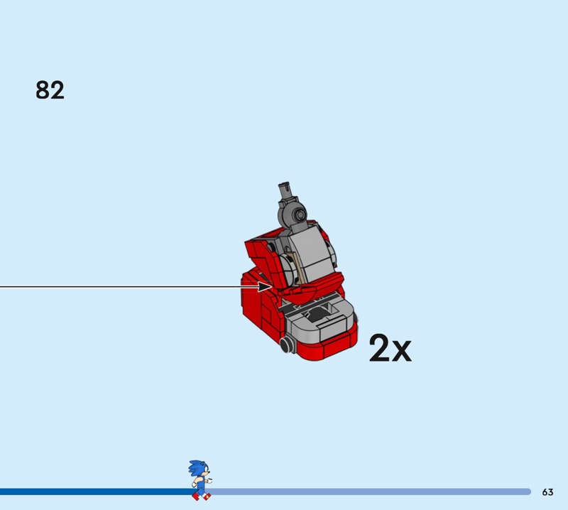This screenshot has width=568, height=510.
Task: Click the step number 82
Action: tap(50, 90)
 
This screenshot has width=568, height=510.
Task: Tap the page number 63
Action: tap(547, 492)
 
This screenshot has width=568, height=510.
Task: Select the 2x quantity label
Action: tap(390, 348)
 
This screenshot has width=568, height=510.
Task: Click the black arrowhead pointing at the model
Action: tap(265, 286)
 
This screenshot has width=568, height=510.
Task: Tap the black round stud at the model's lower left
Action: tap(286, 344)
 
